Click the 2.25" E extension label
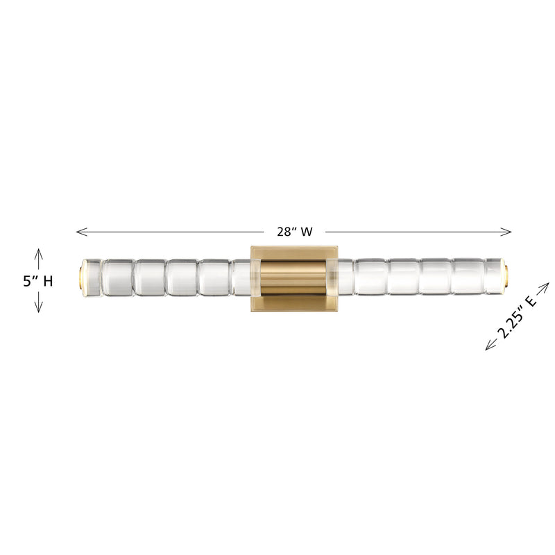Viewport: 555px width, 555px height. coord(518,316)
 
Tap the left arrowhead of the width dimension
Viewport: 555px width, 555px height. coord(78,232)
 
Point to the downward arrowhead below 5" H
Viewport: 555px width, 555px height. coord(39,310)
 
